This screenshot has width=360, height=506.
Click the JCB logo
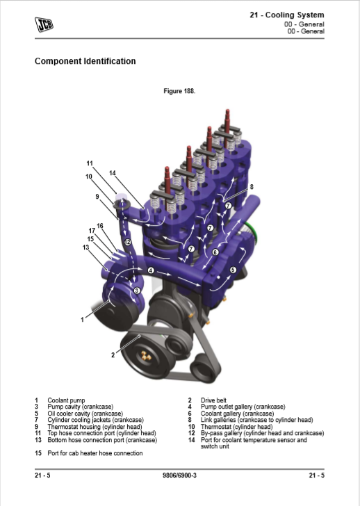click(x=44, y=24)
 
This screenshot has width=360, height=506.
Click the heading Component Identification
click(x=85, y=61)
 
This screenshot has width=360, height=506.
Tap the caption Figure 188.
click(x=179, y=91)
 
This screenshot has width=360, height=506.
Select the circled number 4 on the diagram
click(x=151, y=270)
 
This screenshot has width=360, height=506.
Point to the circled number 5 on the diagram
click(x=233, y=270)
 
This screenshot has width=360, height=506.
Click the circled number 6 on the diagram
click(x=215, y=252)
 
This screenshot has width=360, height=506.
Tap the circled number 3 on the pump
click(x=137, y=291)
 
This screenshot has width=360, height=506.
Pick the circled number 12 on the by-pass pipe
click(x=128, y=242)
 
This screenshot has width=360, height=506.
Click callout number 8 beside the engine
click(x=252, y=186)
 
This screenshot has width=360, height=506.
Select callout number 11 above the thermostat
click(x=90, y=163)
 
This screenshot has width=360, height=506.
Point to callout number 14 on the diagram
click(x=113, y=173)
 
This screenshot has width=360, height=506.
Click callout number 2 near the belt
click(x=113, y=355)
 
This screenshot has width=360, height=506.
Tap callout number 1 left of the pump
click(x=82, y=320)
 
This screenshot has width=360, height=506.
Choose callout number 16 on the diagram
click(x=100, y=226)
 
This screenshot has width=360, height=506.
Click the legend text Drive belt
click(x=213, y=400)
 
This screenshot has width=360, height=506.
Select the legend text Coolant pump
click(x=66, y=400)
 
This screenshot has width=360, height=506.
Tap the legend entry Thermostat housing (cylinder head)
click(x=95, y=427)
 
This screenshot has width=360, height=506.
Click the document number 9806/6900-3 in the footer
click(x=179, y=475)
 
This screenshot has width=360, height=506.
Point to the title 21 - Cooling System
click(x=287, y=15)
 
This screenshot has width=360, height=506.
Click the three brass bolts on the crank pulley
click(x=146, y=356)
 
